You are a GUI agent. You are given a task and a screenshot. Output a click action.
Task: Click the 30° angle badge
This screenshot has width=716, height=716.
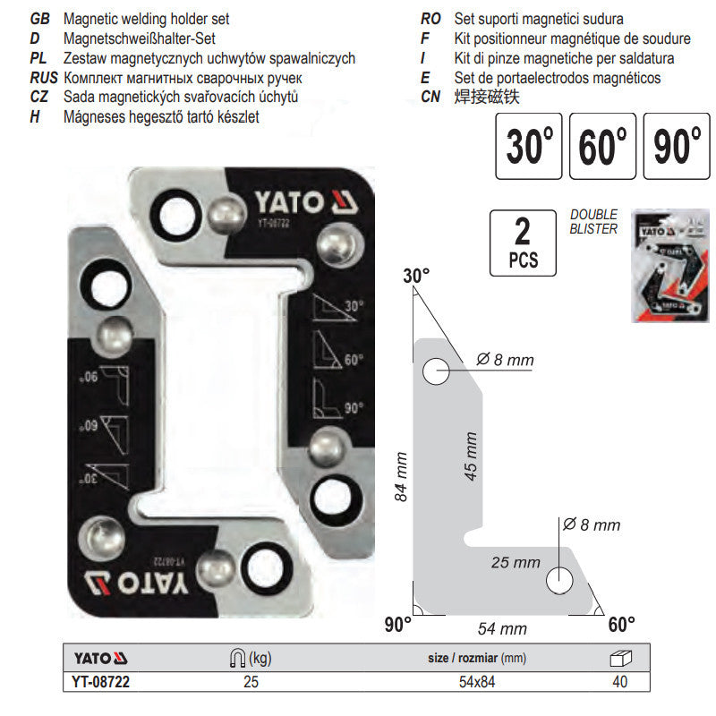(529, 145)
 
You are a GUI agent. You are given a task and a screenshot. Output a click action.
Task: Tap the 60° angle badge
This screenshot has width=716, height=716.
(602, 145)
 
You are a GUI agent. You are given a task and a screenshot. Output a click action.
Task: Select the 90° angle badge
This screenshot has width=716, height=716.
(676, 145)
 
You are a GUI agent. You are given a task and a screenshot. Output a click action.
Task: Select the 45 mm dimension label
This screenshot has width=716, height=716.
(472, 456)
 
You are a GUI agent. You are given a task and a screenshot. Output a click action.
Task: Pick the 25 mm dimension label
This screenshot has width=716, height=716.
(515, 562)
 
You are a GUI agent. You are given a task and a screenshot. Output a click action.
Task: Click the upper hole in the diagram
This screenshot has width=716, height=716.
(436, 371)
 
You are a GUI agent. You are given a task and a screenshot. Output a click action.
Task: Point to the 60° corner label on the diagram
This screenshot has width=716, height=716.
(620, 622)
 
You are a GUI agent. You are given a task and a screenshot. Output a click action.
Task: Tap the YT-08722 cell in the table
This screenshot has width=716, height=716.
(96, 682)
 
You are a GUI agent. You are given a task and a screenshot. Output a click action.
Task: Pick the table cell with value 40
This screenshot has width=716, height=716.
(619, 682)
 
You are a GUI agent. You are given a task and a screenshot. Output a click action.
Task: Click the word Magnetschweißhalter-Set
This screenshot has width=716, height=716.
(140, 39)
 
